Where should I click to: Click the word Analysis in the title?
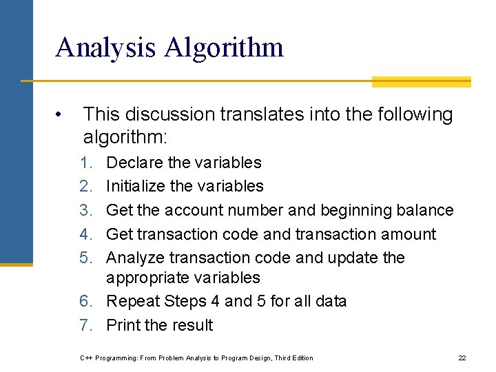(105, 48)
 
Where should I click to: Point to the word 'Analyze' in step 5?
(136, 258)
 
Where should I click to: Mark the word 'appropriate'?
(148, 278)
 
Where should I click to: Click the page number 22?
(462, 358)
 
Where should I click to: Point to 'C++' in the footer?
(86, 358)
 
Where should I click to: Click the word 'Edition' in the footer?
(301, 358)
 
